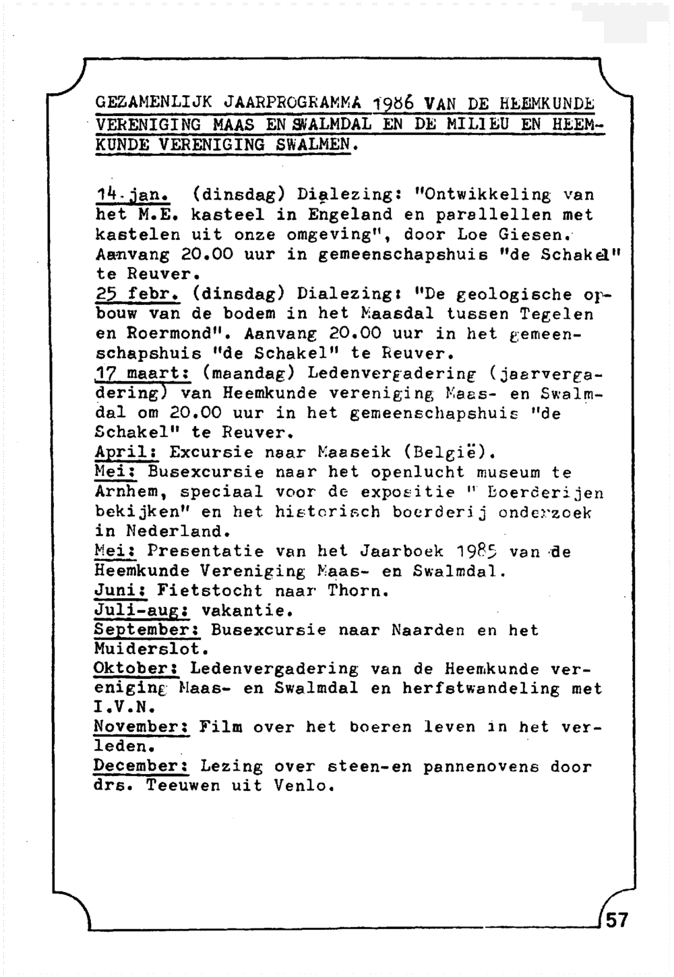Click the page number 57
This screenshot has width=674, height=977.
coord(617,920)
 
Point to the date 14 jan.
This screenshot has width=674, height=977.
coord(131,196)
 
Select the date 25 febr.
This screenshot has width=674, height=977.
coord(136,295)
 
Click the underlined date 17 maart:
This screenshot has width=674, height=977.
coord(141,374)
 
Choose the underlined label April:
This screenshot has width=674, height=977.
coord(125,452)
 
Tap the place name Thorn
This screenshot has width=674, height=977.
coord(357,591)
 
